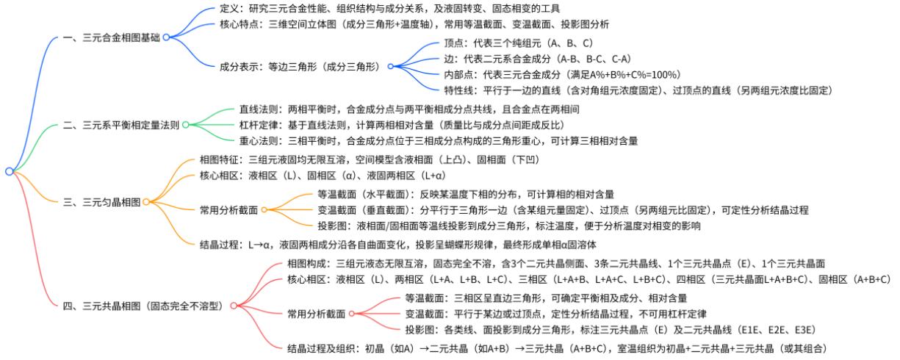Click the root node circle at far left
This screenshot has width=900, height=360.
tap(9, 171)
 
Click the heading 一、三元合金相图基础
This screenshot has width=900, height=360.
tap(110, 37)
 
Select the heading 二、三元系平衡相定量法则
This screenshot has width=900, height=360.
tap(120, 125)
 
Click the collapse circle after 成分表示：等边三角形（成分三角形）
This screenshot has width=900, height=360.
tap(391, 66)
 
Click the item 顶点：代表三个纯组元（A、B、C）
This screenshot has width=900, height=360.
tap(518, 43)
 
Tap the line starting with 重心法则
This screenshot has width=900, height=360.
tap(438, 140)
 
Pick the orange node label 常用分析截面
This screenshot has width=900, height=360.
tap(228, 209)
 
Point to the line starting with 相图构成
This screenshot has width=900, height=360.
tap(555, 263)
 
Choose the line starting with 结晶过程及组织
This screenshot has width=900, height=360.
tap(554, 348)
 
